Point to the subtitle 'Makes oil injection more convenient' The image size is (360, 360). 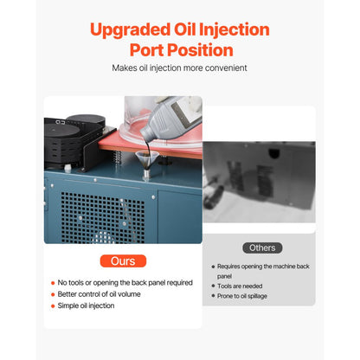(180, 67)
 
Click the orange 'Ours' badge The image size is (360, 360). (122, 260)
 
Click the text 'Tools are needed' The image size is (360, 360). (243, 285)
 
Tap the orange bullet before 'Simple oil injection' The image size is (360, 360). (52, 305)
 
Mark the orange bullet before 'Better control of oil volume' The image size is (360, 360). (52, 293)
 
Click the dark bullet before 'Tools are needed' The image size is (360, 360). (212, 285)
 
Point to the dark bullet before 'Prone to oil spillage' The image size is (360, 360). (212, 296)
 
